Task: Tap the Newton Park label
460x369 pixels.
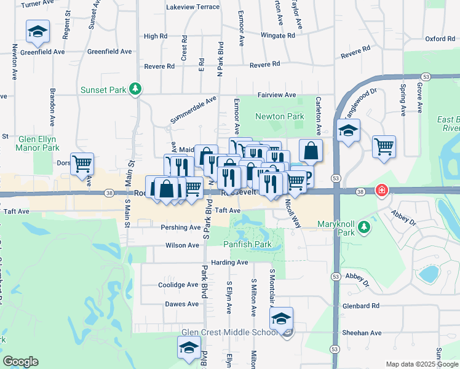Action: tap(280, 116)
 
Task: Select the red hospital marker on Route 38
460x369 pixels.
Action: tap(382, 191)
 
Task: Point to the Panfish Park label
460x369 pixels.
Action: tap(247, 244)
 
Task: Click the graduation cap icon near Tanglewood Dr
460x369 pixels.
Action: tap(348, 131)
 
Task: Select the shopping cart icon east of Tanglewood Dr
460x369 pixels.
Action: tap(384, 146)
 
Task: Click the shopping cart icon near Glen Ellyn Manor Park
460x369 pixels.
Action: tap(82, 164)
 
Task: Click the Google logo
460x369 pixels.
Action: tap(20, 361)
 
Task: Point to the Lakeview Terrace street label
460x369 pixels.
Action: tap(192, 7)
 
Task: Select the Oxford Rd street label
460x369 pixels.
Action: tap(440, 39)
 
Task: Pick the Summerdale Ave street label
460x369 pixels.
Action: tap(194, 109)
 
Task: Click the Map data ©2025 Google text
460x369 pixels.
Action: tap(421, 364)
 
